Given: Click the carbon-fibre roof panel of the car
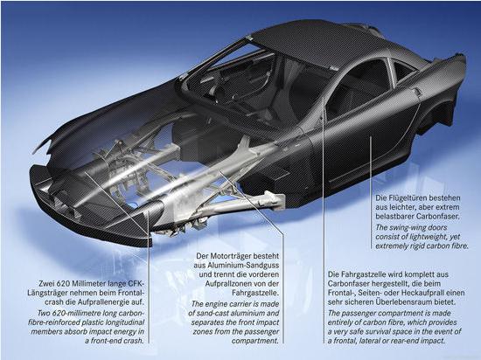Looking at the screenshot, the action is pos(313,41).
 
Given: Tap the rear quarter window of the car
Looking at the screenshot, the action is pos(402,73).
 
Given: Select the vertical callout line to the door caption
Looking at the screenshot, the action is pos(371,193).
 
